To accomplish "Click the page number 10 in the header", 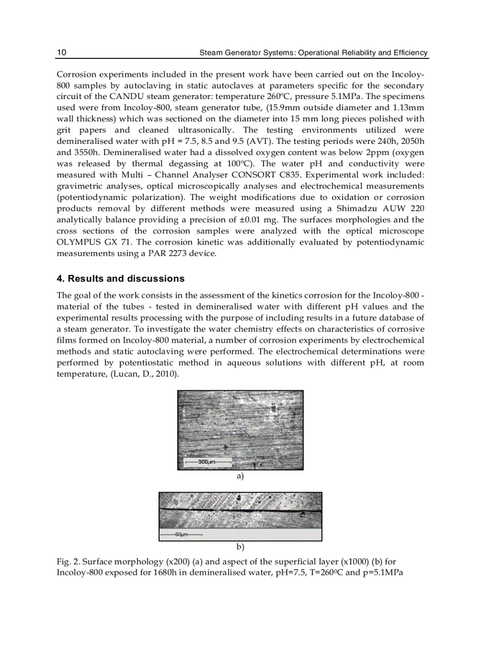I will click(x=61, y=53).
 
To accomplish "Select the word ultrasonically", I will click(x=200, y=130).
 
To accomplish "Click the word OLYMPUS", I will click(x=79, y=243).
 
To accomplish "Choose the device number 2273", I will click(x=176, y=254).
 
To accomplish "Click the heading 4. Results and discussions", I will click(x=120, y=279).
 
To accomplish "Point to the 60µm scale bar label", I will click(x=180, y=535).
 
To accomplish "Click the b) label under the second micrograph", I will click(x=240, y=546).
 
